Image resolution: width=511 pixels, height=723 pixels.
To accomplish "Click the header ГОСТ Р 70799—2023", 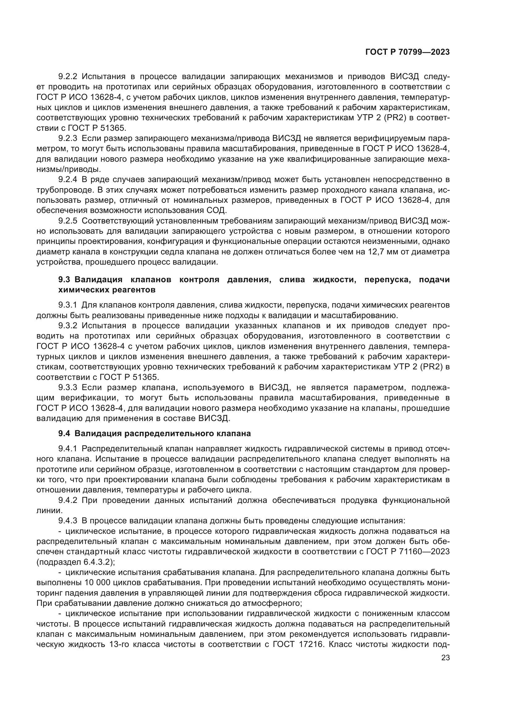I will pyautogui.click(x=407, y=52).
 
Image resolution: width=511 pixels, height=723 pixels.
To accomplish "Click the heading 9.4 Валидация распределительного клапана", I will pyautogui.click(x=154, y=434).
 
